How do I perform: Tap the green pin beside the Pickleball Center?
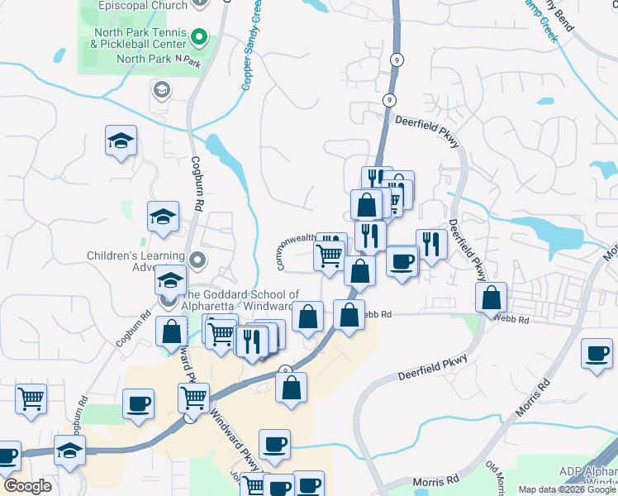point(199,36)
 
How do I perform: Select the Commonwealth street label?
point(294,250)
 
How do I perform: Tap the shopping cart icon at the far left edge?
point(31,398)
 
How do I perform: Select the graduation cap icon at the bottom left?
point(69,450)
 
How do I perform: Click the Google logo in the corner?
point(27,487)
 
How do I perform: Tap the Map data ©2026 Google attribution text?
point(567,489)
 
